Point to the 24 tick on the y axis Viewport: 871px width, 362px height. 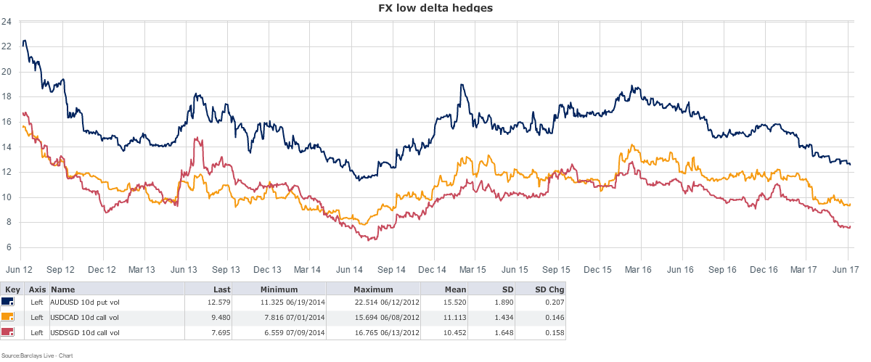pos(6,22)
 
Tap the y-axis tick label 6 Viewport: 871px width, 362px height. pos(7,248)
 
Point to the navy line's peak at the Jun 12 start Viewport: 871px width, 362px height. pos(25,41)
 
